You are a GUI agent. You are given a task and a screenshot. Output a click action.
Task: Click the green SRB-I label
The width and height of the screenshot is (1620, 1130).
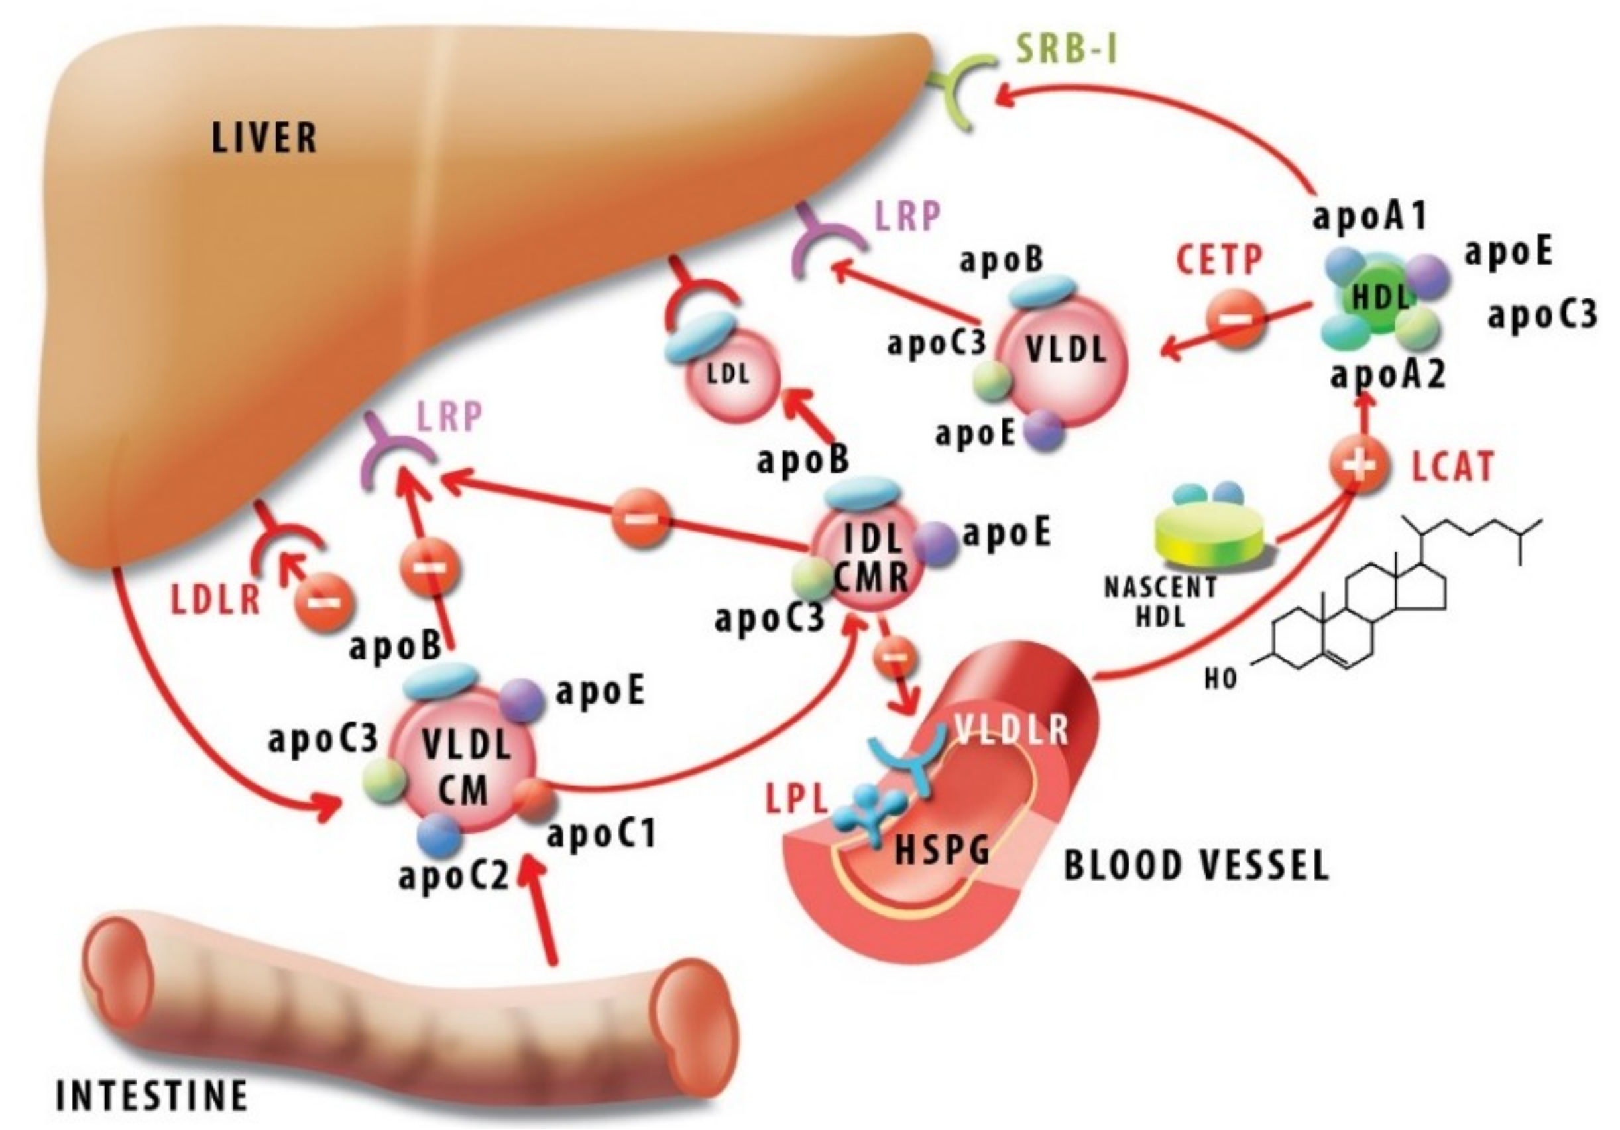tap(1066, 51)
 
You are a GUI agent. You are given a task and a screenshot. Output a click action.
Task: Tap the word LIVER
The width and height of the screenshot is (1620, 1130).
tap(264, 138)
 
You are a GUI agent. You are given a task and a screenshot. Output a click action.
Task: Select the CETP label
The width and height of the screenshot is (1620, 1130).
tap(1219, 261)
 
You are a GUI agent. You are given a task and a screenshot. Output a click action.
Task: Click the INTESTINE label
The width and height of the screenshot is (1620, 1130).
tap(152, 1096)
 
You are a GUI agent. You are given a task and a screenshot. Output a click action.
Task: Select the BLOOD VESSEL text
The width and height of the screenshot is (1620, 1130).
tap(1196, 865)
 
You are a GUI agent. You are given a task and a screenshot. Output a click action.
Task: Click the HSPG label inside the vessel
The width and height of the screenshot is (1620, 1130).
tap(941, 849)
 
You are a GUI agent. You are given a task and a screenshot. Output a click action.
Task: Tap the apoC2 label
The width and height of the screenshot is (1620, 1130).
tap(453, 876)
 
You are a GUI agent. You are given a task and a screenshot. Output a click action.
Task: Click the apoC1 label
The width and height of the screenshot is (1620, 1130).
tap(601, 834)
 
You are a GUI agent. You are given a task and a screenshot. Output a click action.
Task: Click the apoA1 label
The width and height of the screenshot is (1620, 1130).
tap(1369, 216)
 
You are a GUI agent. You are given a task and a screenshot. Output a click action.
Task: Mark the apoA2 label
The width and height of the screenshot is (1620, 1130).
tap(1388, 375)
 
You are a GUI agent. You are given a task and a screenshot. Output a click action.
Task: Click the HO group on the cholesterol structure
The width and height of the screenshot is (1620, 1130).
tap(1221, 679)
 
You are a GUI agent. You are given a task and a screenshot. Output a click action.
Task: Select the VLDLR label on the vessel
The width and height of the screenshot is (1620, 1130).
tap(1011, 731)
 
